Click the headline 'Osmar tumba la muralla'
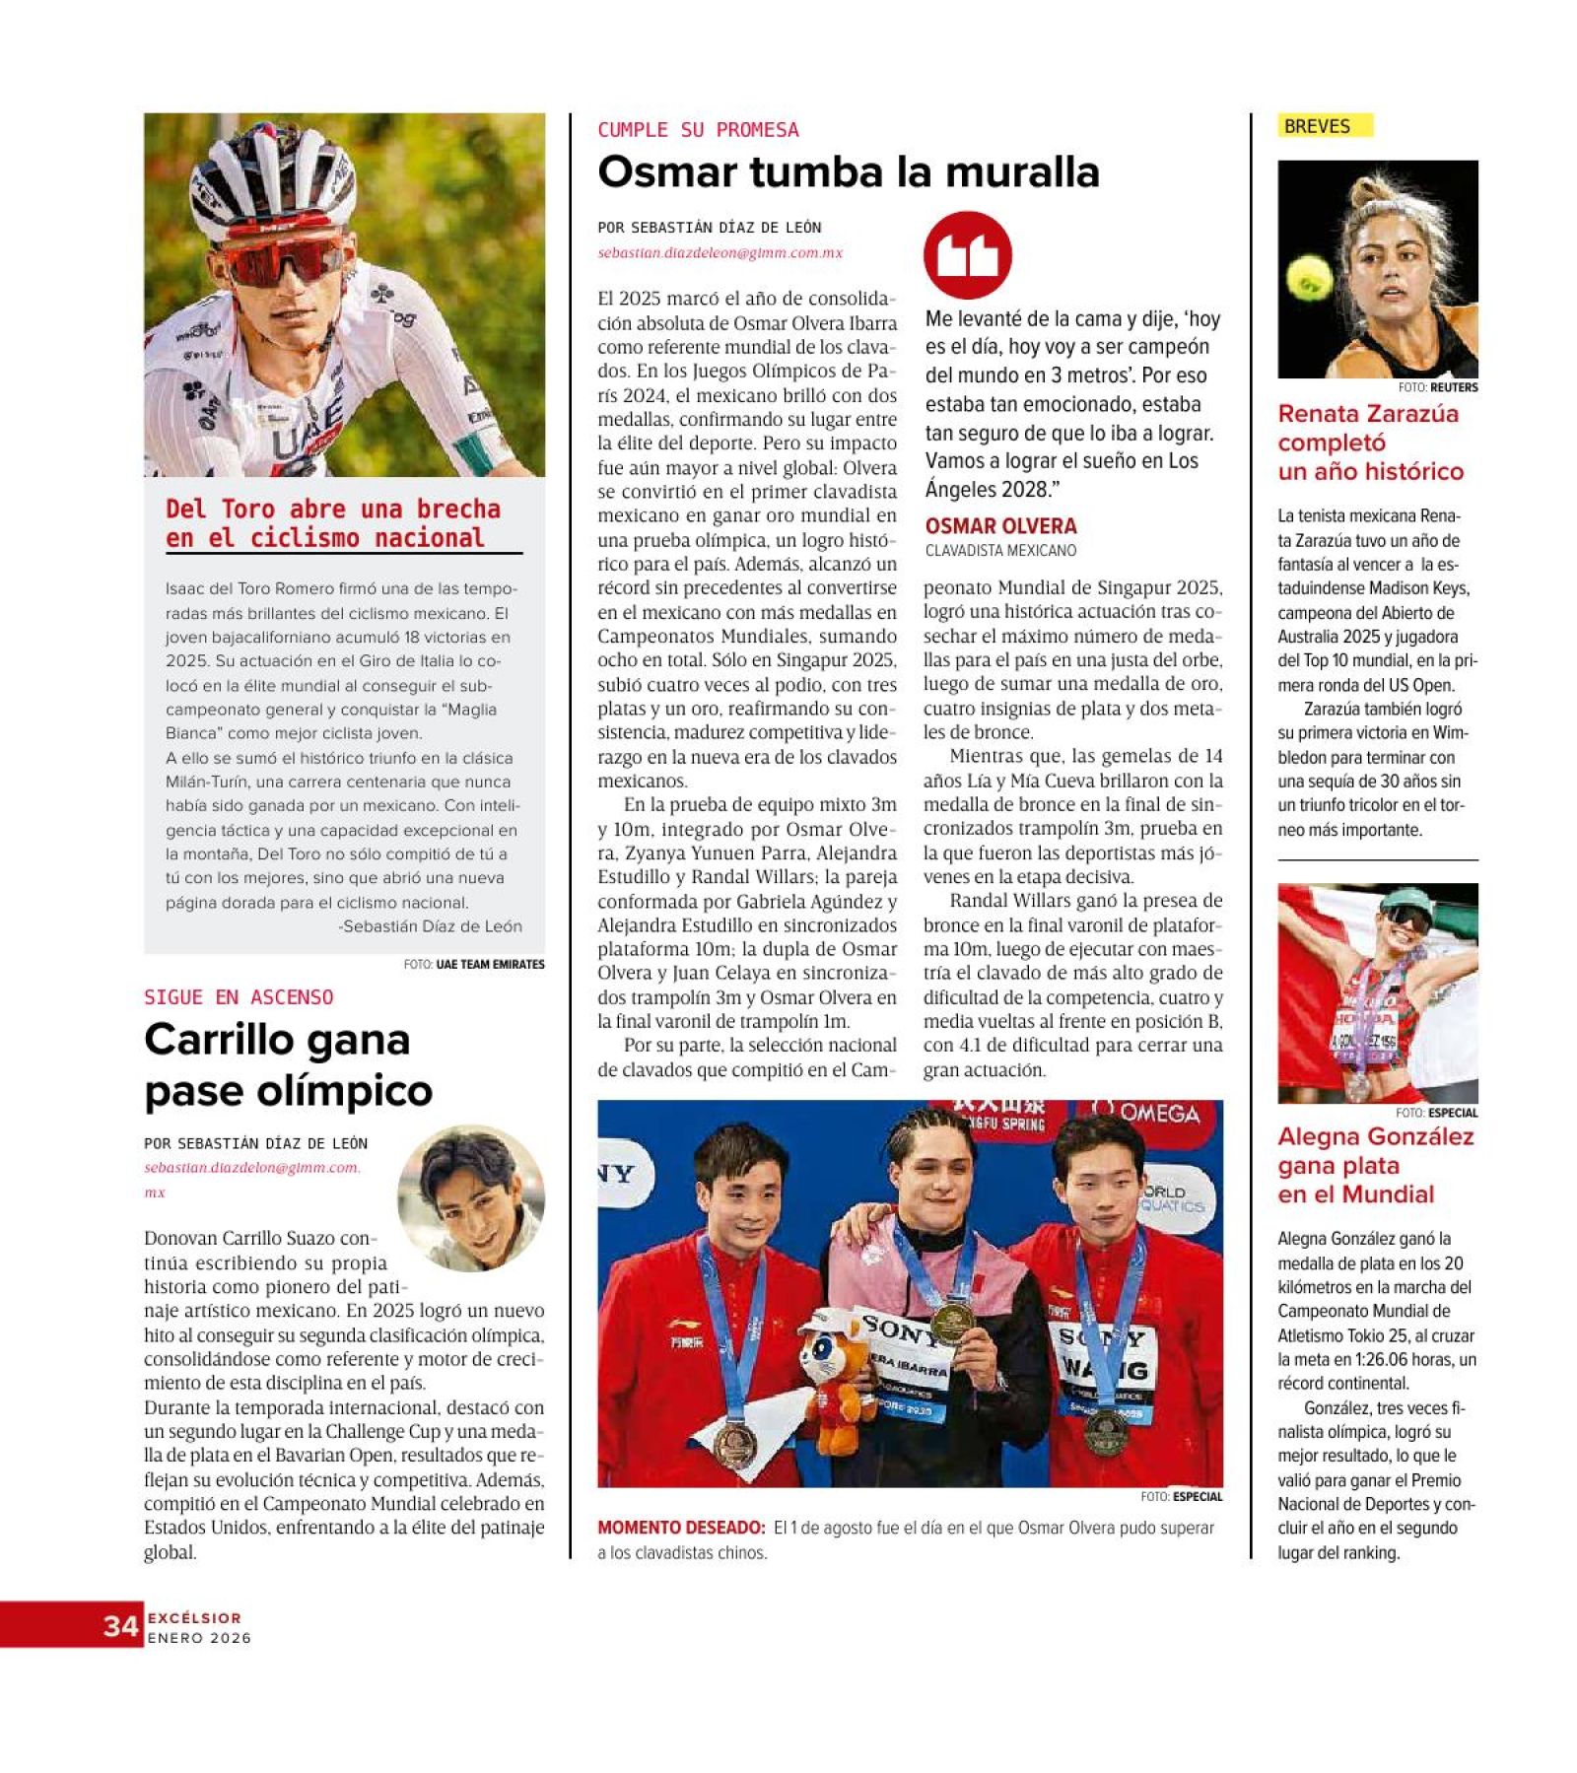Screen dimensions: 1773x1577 point(848,172)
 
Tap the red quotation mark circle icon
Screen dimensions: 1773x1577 point(967,254)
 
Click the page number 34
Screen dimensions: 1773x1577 point(120,1625)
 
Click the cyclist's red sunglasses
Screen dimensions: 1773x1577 point(281,260)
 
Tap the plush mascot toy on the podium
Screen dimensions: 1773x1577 point(834,1376)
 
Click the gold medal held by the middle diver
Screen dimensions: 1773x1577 point(952,1321)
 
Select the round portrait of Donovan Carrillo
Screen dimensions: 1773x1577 point(471,1198)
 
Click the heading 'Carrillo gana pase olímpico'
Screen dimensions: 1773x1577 point(288,1064)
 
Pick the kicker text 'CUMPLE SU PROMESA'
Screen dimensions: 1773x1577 point(698,130)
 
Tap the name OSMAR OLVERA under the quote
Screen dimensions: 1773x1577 point(1000,526)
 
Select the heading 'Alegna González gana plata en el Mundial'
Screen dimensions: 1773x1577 point(1375,1165)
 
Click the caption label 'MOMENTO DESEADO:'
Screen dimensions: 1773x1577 point(681,1528)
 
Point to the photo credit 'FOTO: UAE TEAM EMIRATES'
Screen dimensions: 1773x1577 point(473,964)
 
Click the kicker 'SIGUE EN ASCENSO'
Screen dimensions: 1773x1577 point(239,997)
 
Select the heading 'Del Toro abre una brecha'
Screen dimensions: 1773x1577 point(332,523)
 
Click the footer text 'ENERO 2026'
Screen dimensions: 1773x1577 point(199,1638)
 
